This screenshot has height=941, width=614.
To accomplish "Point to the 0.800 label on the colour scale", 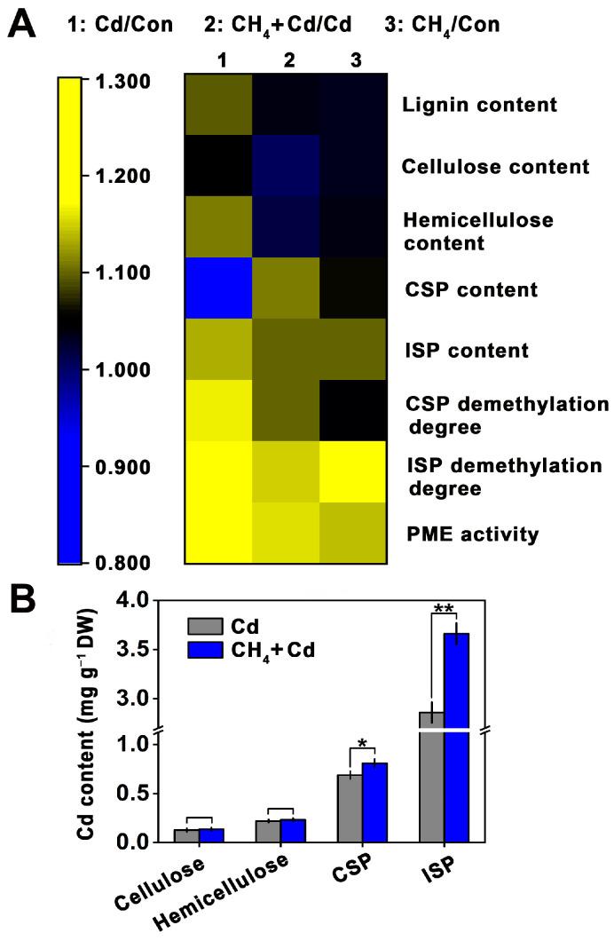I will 112,563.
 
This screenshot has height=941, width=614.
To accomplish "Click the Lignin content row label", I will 479,106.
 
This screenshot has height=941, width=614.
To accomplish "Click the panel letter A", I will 23,27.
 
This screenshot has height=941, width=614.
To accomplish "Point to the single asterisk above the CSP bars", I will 362,743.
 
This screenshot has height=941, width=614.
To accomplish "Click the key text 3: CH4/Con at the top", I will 442,24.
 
